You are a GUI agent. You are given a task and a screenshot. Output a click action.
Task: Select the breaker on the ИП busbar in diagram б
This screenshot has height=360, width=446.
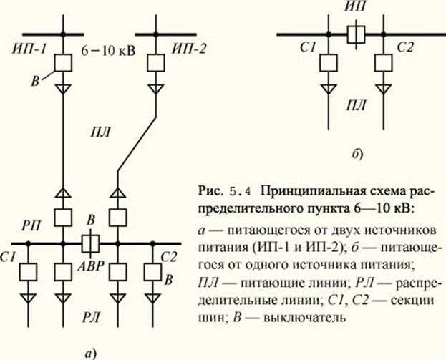pos(354,34)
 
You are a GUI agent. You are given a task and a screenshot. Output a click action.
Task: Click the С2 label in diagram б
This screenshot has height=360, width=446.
pos(405,48)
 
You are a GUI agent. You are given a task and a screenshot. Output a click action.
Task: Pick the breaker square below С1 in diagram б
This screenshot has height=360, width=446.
pos(329,62)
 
